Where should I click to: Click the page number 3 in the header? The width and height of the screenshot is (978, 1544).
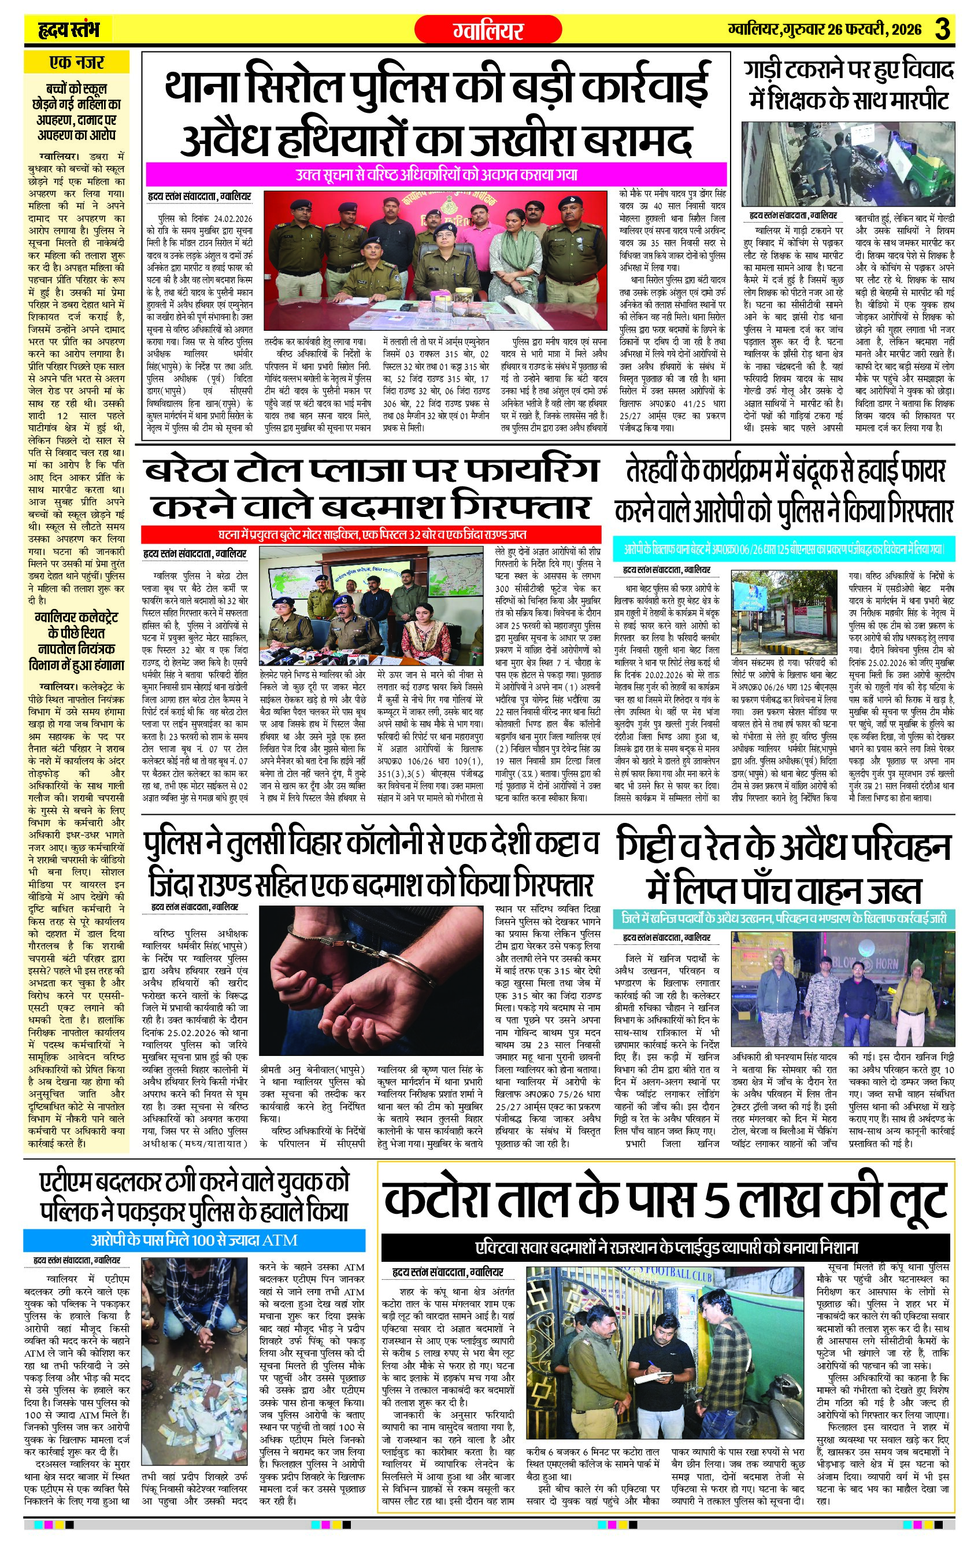click(941, 29)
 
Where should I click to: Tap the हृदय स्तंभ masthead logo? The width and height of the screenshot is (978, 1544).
click(66, 29)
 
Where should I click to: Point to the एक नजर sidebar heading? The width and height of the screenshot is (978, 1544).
click(76, 63)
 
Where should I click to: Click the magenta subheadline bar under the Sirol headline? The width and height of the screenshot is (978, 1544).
click(436, 173)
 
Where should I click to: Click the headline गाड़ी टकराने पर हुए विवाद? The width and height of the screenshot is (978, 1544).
click(849, 71)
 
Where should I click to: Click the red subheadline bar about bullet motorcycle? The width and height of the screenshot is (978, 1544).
click(372, 534)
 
